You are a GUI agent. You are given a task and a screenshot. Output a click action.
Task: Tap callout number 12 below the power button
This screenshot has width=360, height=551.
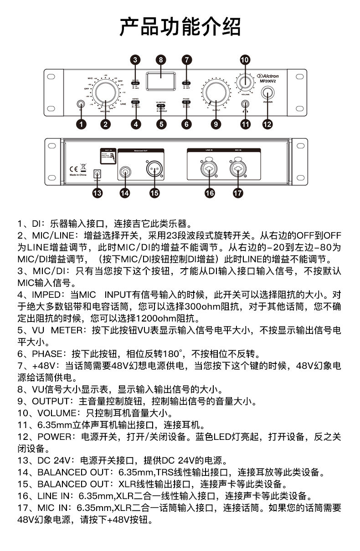267,123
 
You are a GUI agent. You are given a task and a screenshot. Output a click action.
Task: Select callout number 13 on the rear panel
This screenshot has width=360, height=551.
97,193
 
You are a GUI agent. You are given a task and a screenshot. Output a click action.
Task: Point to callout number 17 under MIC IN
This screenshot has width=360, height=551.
237,193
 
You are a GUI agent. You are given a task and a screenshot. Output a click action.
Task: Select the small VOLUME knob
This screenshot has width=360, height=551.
245,82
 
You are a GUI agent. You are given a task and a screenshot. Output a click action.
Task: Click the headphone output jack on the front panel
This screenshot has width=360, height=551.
246,104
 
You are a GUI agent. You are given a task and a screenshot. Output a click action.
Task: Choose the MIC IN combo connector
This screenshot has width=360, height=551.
237,169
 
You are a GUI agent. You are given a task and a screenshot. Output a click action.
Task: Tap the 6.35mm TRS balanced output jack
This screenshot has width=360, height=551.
124,172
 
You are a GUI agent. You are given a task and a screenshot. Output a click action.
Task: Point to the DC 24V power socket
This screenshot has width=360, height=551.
97,173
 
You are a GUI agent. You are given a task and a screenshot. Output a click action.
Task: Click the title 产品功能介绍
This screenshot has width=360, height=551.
180,27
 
